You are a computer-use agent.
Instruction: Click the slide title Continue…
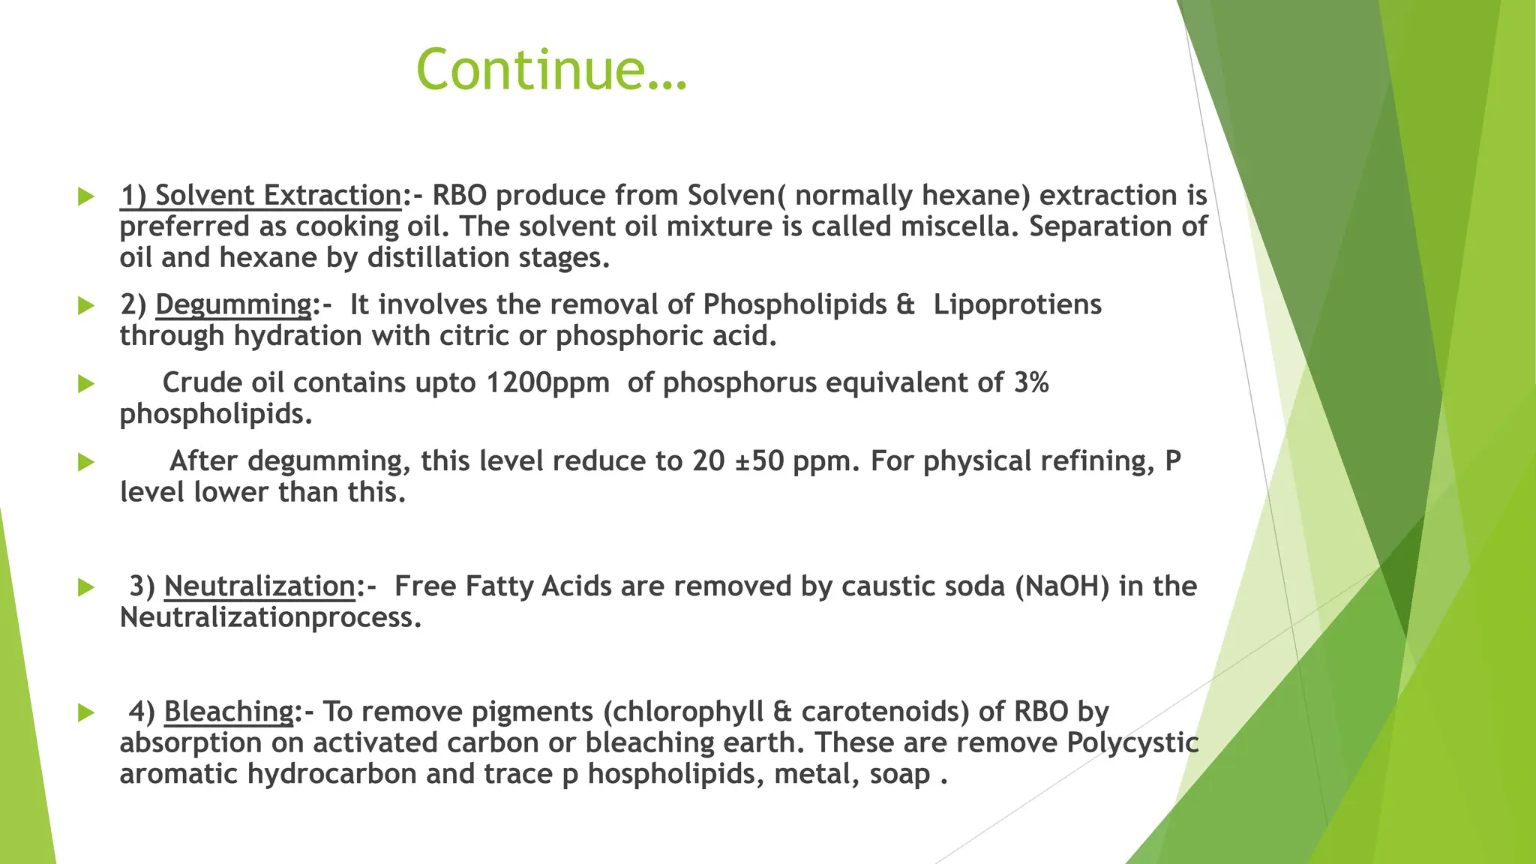[x=551, y=69]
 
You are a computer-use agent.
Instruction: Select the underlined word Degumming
[x=233, y=304]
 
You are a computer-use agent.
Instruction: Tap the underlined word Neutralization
[x=259, y=586]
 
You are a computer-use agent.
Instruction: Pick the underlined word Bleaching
[x=229, y=712]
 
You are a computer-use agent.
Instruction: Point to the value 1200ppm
[x=547, y=383]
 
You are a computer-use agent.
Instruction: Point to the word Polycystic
[x=1132, y=743]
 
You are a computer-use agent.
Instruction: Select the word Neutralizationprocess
[x=270, y=618]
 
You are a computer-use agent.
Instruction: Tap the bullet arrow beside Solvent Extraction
[x=86, y=197]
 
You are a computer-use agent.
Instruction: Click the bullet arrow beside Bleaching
[x=86, y=713]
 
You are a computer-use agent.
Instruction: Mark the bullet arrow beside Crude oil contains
[x=86, y=385]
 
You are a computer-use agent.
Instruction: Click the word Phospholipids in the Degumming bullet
[x=794, y=304]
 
